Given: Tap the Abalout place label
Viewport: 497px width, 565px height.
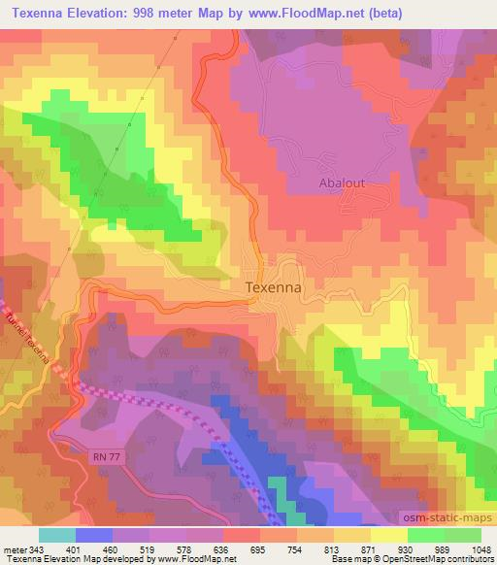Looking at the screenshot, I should (x=341, y=182).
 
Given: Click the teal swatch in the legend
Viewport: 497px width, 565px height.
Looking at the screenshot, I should (x=56, y=536).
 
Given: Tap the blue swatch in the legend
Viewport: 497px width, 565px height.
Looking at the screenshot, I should (x=93, y=536).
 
